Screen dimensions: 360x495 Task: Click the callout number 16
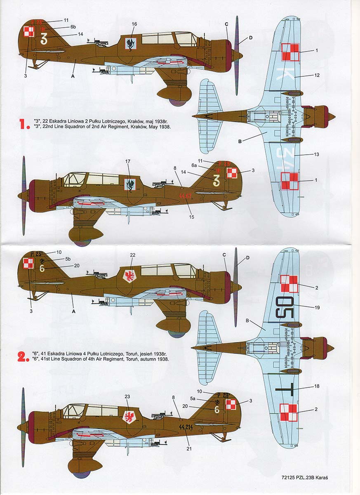pyautogui.click(x=134, y=24)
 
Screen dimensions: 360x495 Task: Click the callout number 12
pyautogui.click(x=316, y=75)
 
